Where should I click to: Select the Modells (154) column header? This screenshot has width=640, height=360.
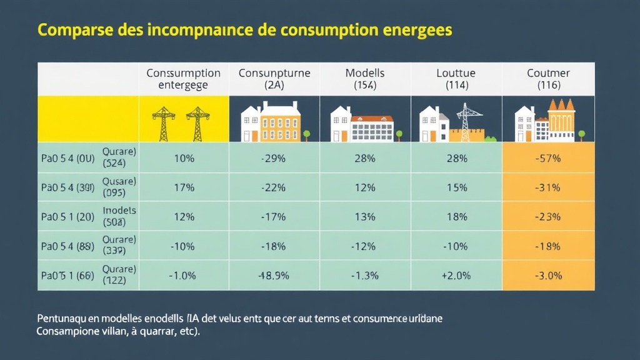(x=365, y=79)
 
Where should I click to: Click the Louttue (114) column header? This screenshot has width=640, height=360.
(x=456, y=79)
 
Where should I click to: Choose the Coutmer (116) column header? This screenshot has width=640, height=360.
(x=549, y=79)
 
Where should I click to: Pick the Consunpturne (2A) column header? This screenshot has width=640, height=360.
(x=274, y=79)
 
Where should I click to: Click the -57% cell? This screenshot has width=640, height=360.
(x=548, y=159)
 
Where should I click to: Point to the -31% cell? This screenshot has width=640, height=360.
(x=548, y=187)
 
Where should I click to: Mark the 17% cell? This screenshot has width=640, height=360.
(x=184, y=187)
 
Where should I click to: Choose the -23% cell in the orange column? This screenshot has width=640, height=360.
(x=548, y=217)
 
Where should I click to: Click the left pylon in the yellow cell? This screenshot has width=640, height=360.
(x=162, y=123)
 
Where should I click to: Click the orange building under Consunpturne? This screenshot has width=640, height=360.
(x=280, y=124)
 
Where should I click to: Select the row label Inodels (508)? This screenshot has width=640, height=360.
(x=119, y=216)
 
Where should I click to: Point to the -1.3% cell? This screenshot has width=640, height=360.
(x=364, y=276)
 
